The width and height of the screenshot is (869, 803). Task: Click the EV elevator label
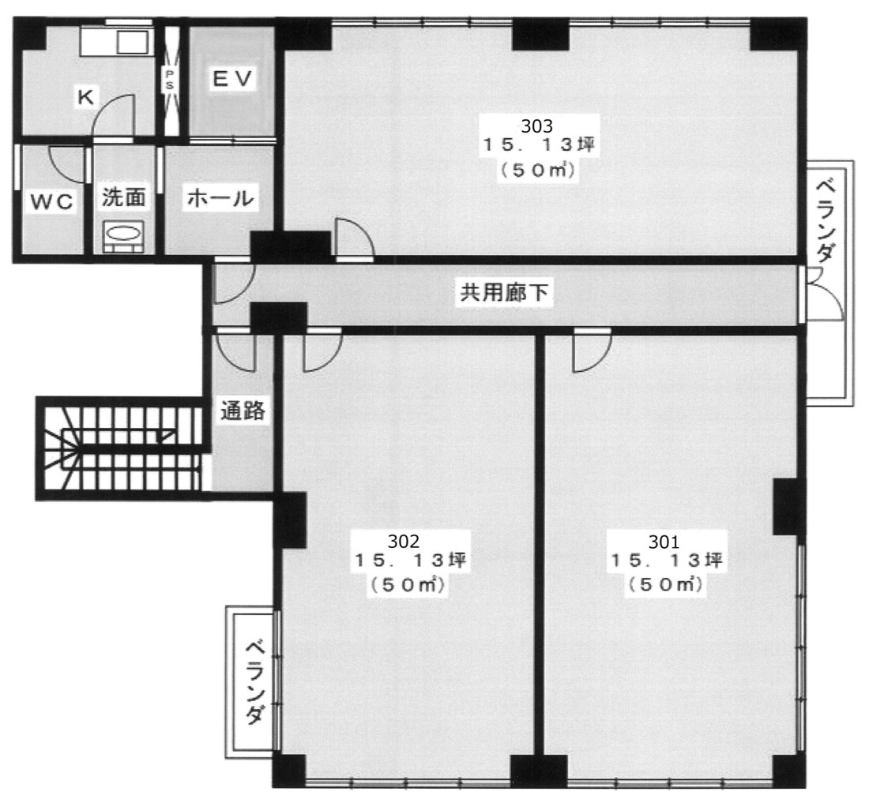pos(233,79)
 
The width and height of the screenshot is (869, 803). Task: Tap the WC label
pos(51,201)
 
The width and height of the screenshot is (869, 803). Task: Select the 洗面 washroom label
pos(123,197)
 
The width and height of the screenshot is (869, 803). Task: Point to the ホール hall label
pos(220,197)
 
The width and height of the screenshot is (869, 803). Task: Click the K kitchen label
pos(85,97)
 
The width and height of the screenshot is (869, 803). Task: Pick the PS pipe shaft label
pos(169,79)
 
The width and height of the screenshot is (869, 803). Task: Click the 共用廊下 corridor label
pos(504,292)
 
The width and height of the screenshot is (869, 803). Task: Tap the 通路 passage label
pos(243,411)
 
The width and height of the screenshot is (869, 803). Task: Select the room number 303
pos(537,126)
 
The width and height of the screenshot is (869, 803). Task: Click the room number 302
pos(404,541)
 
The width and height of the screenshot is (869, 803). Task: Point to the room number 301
pos(664,541)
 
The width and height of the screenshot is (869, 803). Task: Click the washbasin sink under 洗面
pos(123,236)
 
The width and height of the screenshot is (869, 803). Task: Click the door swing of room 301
pos(592,351)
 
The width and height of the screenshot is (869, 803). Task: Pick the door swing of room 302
pos(322,351)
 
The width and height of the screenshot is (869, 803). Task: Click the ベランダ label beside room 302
pos(254,682)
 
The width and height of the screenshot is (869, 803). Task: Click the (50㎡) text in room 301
pos(665,584)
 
